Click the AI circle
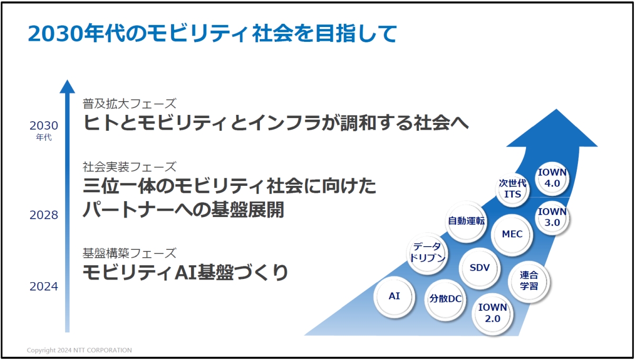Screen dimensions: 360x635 (394, 296)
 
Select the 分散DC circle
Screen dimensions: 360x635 (445, 299)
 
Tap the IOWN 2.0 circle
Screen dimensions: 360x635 (493, 313)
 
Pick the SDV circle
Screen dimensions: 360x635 (479, 268)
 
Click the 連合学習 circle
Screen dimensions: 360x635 (529, 281)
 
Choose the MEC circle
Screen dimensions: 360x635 (512, 234)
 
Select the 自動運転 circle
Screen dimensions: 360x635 (466, 221)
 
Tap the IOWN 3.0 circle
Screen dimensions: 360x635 (552, 218)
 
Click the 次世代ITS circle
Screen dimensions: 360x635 (513, 189)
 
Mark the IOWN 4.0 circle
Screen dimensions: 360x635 (552, 177)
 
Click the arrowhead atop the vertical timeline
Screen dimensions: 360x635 (67, 87)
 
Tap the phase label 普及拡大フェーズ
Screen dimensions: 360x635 (129, 103)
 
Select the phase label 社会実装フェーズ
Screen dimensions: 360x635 (129, 167)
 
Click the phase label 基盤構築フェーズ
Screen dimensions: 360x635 (129, 253)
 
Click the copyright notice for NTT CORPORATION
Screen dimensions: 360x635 (79, 350)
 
